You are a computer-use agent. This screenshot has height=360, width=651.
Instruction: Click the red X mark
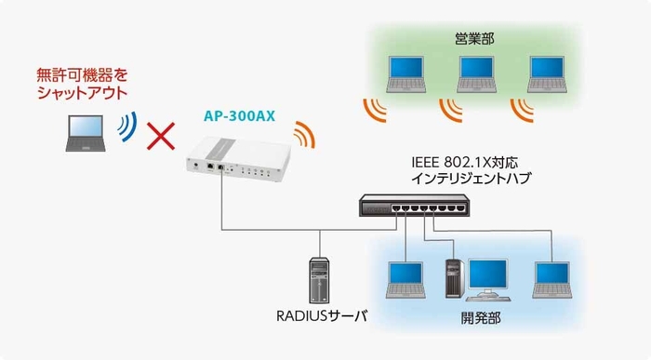(163, 135)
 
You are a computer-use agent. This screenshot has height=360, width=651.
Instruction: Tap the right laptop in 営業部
(546, 74)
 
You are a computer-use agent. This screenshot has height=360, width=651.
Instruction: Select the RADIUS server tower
(319, 278)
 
